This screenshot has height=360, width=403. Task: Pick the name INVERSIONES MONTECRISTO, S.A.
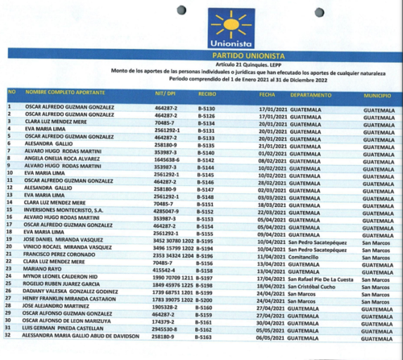[x=65, y=211]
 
